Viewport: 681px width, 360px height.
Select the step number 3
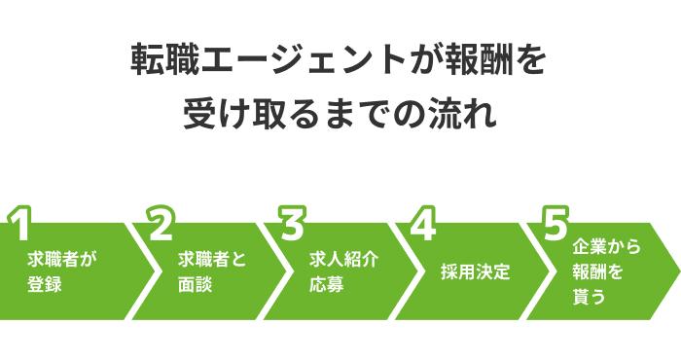(x=292, y=225)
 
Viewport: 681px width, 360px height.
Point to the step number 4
(x=422, y=225)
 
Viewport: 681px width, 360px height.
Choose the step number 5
(x=555, y=225)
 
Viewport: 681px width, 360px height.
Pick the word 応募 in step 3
(x=326, y=285)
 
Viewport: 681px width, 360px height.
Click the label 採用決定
(x=475, y=271)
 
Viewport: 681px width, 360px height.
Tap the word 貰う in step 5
(x=590, y=298)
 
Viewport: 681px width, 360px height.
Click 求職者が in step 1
(x=62, y=260)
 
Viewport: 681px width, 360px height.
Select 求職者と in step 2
(x=212, y=260)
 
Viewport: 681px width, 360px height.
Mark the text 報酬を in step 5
(x=599, y=273)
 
